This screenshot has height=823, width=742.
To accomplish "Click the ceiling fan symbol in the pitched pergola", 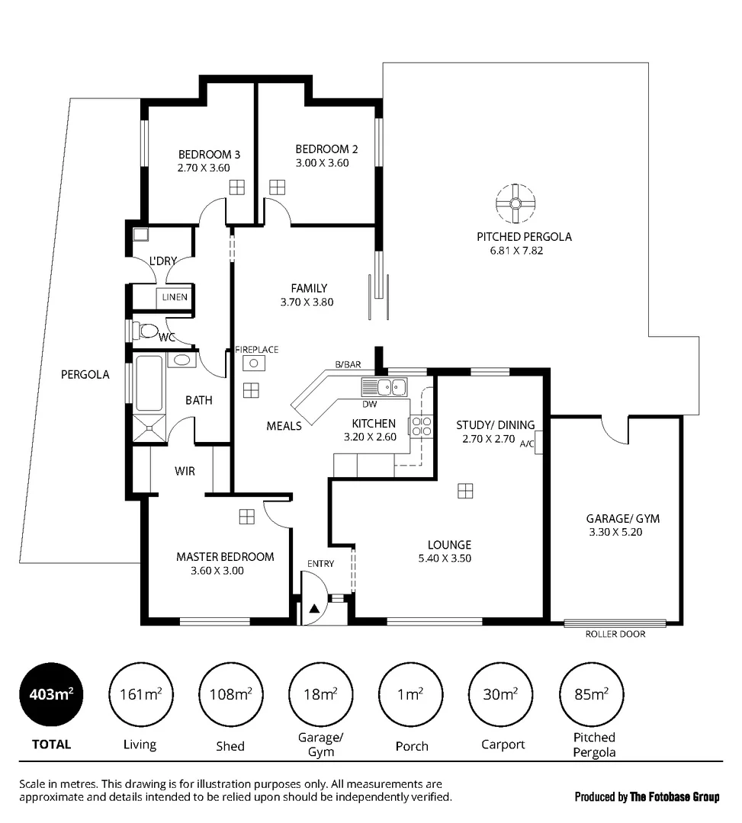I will click(x=515, y=203).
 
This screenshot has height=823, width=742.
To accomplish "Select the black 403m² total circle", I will click(x=51, y=693).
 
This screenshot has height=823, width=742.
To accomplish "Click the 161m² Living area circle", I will click(x=140, y=693).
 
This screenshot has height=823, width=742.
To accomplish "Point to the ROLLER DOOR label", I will click(x=615, y=634).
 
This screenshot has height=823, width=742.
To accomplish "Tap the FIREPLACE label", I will click(x=256, y=350).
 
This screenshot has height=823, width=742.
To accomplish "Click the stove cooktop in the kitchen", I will click(x=422, y=427).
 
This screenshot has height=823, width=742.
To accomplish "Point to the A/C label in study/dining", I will click(x=527, y=442).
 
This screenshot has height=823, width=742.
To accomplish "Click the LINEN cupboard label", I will click(x=174, y=297).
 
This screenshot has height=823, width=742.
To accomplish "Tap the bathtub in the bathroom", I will click(x=149, y=383).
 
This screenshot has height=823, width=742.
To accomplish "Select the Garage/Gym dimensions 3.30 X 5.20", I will click(x=615, y=533).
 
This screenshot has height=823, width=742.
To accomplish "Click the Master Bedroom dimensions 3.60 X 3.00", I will click(x=217, y=570).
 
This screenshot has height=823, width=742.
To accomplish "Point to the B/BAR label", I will click(x=348, y=365).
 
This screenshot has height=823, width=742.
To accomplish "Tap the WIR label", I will click(x=185, y=471).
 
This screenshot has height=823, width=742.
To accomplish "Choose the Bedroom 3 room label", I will click(x=204, y=154).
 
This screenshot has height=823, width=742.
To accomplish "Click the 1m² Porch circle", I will click(x=410, y=693).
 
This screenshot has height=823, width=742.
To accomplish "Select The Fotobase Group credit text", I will click(x=647, y=797).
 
